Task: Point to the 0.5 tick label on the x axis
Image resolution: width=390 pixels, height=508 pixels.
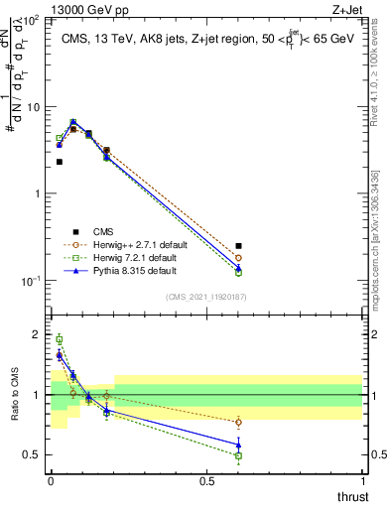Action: pos(206,480)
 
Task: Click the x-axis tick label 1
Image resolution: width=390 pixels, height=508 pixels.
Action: pos(362,480)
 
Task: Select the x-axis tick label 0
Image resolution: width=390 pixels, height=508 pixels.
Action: pos(52,480)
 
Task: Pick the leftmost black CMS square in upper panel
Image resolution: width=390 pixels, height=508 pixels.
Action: pos(60,161)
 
